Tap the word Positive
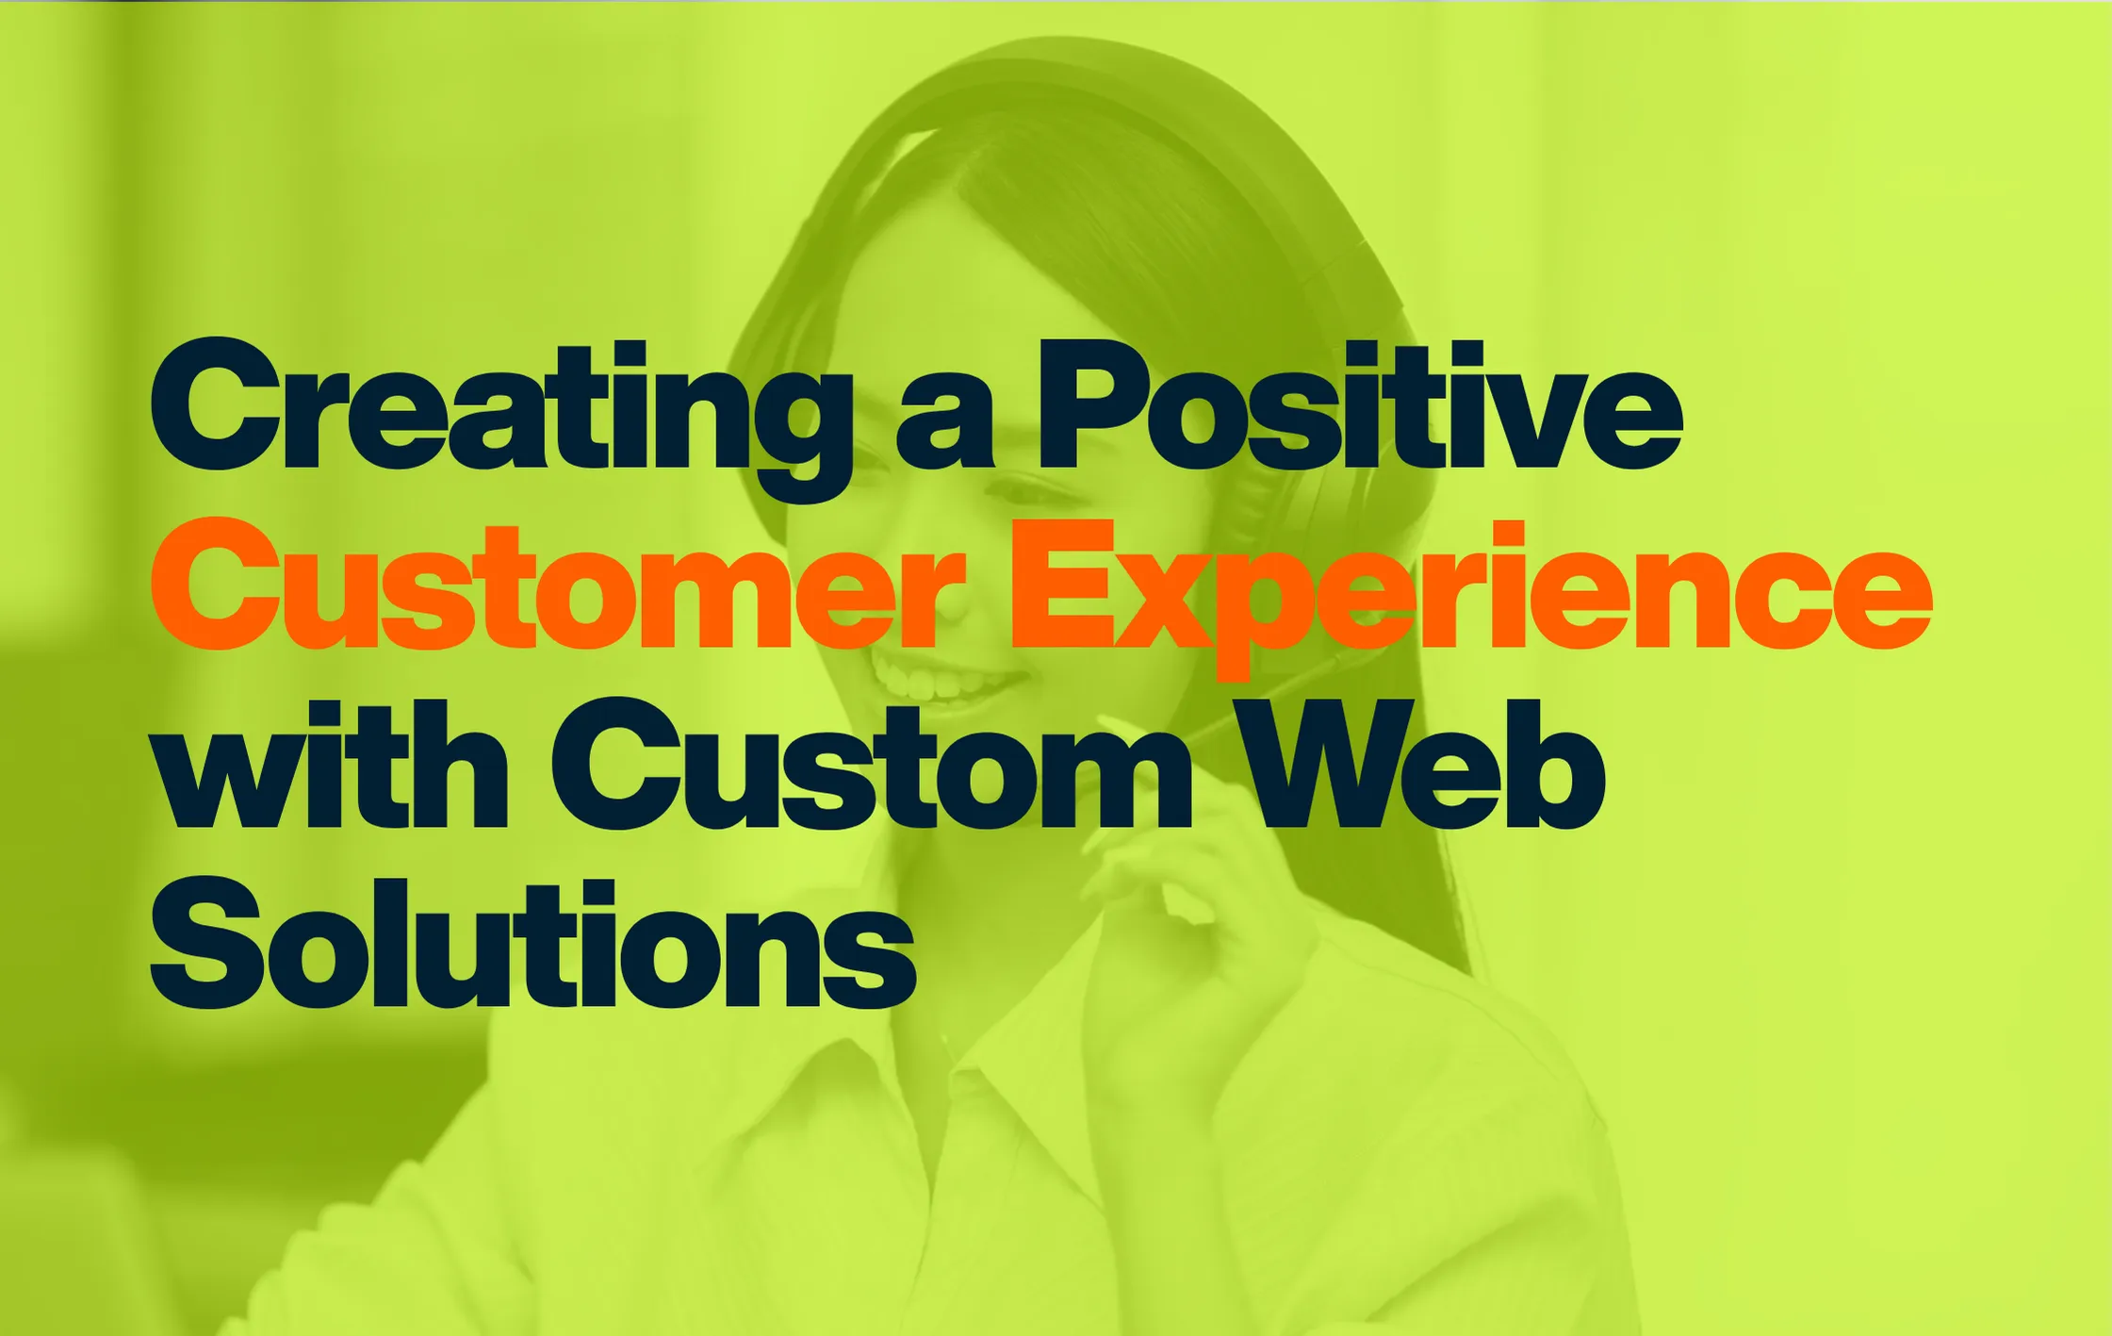(x=1359, y=405)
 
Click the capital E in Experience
(x=1064, y=585)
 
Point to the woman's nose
(x=952, y=608)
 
